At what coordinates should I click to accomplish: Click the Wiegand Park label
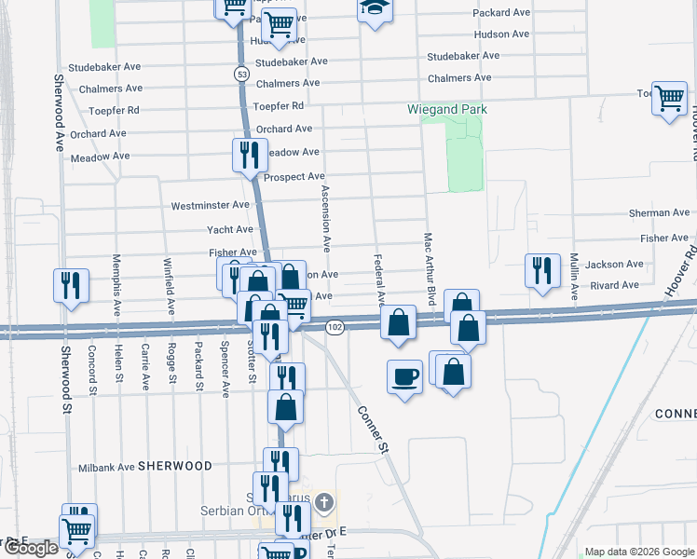447,109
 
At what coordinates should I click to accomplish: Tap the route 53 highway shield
241,73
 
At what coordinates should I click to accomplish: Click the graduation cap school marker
375,7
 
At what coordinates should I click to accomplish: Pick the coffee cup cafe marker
403,376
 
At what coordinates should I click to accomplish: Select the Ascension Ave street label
326,218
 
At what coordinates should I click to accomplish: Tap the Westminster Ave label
211,205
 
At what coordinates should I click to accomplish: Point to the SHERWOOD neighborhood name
174,466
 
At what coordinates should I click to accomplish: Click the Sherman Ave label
662,213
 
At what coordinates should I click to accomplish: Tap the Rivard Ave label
616,288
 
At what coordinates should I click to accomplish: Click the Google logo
31,548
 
